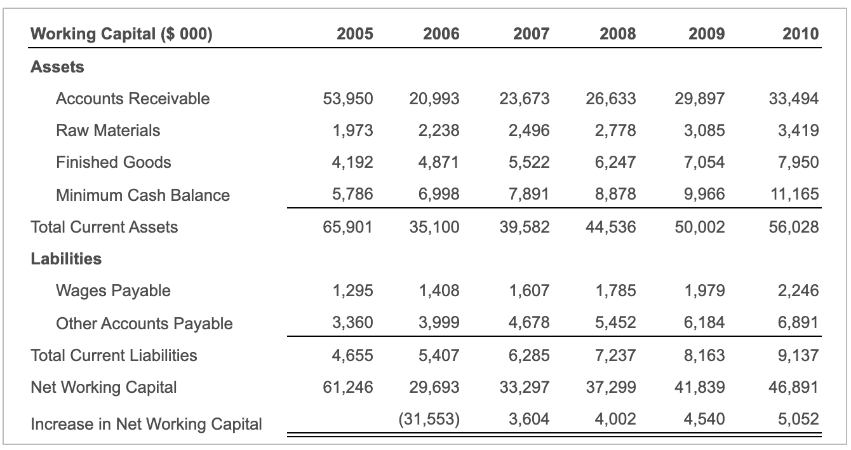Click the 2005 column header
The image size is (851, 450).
[354, 34]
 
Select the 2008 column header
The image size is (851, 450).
[617, 34]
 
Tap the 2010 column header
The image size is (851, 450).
[800, 34]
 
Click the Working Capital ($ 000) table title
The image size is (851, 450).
[121, 34]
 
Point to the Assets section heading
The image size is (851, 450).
[57, 67]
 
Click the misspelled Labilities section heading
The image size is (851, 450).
[66, 259]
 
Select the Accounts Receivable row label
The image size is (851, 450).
[132, 99]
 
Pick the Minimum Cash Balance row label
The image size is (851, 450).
[143, 195]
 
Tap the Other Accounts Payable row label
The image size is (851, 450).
[144, 324]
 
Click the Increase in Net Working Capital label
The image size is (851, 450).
[146, 424]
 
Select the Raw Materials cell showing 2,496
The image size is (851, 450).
[528, 130]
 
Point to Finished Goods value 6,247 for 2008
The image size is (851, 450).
[616, 162]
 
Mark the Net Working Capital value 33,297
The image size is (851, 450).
[525, 387]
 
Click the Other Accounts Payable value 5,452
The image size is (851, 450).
[616, 323]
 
